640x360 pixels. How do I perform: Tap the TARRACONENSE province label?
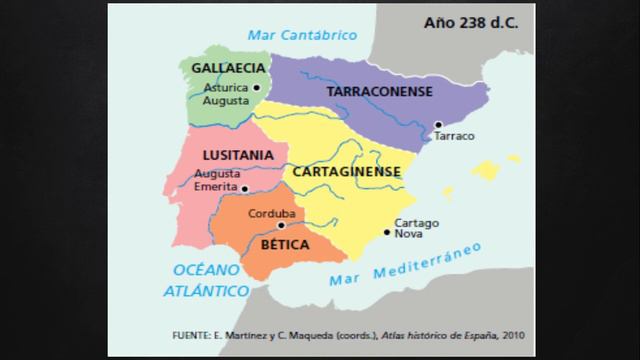(x=379, y=91)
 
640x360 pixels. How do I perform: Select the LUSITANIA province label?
(x=237, y=156)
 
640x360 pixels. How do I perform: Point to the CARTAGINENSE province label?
(x=346, y=171)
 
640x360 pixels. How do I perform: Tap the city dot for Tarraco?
(x=436, y=125)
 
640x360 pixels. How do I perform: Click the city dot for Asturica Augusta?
(x=256, y=88)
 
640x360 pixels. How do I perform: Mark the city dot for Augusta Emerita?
(x=244, y=187)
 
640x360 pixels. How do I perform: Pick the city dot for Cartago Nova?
(x=388, y=232)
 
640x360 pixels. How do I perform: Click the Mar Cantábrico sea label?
(x=303, y=35)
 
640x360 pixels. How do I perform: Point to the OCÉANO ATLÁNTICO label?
(x=210, y=280)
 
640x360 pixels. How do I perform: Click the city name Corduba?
(x=271, y=213)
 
